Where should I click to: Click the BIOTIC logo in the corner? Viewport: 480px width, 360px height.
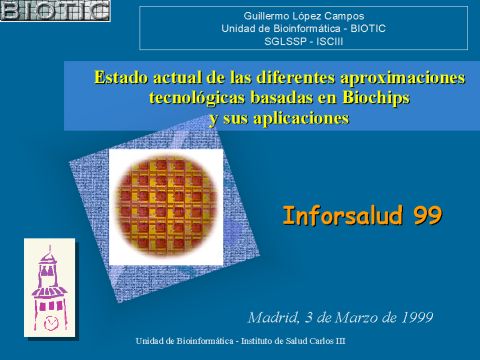(x=55, y=11)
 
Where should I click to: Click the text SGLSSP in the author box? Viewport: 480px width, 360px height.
(x=285, y=42)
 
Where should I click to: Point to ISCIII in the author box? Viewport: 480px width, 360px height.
(x=330, y=42)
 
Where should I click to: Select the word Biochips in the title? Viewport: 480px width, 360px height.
(x=376, y=98)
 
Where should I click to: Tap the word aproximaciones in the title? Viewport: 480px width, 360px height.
(x=402, y=78)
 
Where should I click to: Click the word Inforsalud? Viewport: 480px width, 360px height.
(x=342, y=215)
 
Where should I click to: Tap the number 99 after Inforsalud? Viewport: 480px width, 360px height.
(x=428, y=216)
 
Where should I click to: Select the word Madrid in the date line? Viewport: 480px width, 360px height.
(x=273, y=317)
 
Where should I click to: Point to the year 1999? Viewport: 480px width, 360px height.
(x=417, y=317)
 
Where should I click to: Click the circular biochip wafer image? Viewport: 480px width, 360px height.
(x=166, y=207)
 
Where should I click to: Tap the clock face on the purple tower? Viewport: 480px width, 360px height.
(x=51, y=322)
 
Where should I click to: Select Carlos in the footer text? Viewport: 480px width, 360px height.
(x=322, y=341)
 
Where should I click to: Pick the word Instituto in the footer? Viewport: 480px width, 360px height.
(x=255, y=341)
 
